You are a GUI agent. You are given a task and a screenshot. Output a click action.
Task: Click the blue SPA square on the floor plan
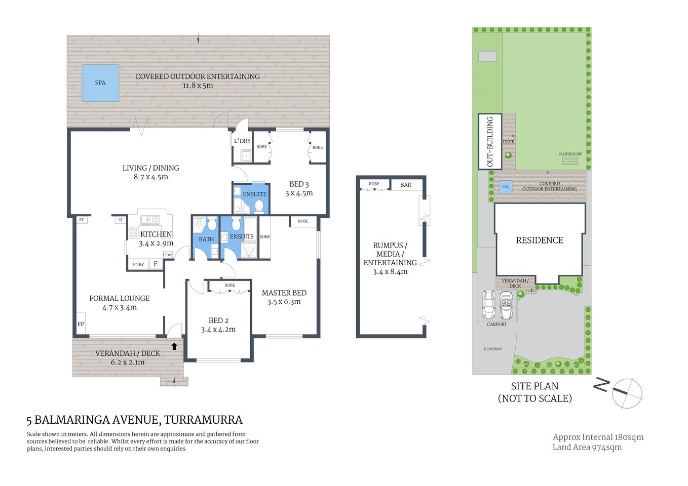[100, 83]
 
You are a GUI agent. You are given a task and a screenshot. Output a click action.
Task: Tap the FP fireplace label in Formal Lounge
[81, 324]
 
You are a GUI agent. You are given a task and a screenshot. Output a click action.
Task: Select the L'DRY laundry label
[242, 141]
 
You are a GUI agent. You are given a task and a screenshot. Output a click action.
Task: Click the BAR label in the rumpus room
[406, 185]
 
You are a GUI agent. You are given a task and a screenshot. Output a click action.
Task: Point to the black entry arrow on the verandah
[174, 346]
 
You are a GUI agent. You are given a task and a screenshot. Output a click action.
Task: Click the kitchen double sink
[150, 220]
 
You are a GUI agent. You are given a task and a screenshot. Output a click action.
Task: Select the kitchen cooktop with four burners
[134, 232]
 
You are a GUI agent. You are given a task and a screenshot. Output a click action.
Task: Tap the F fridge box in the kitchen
[156, 264]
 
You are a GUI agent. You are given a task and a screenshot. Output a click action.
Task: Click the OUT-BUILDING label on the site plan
[490, 142]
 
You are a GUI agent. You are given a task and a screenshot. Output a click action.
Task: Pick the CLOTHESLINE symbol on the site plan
[570, 161]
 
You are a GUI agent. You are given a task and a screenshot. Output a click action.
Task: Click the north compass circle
[627, 393]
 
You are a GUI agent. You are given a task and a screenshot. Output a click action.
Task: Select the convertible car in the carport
[506, 305]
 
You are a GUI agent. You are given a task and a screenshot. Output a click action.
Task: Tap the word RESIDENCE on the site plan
[540, 240]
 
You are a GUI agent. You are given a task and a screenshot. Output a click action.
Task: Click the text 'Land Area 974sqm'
[587, 447]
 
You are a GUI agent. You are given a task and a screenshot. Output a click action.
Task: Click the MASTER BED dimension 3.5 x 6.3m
[284, 302]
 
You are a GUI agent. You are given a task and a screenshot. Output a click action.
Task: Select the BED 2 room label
[218, 320]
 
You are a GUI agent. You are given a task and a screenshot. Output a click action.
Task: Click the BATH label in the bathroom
[206, 239]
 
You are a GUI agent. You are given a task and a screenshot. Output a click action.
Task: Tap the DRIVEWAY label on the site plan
[492, 349]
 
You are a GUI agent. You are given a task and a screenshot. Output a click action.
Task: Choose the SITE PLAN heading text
[534, 386]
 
